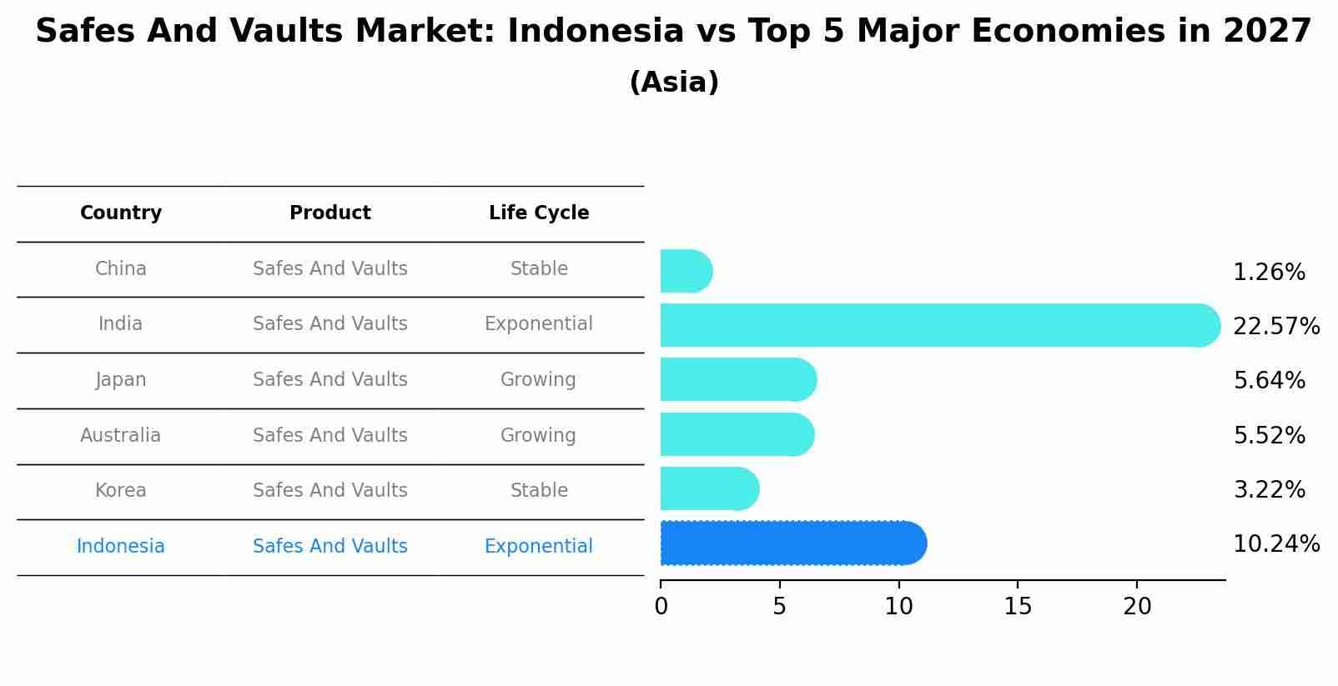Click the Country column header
pyautogui.click(x=121, y=213)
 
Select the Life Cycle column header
pyautogui.click(x=539, y=213)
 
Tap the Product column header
pyautogui.click(x=330, y=213)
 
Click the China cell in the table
pyautogui.click(x=121, y=269)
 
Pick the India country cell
pyautogui.click(x=121, y=324)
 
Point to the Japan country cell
pyautogui.click(x=121, y=380)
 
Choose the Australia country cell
pyautogui.click(x=121, y=436)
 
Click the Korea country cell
pyautogui.click(x=121, y=491)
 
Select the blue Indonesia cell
pyautogui.click(x=121, y=547)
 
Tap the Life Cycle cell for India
pyautogui.click(x=539, y=324)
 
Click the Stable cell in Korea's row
pyautogui.click(x=539, y=491)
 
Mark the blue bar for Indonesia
pyautogui.click(x=792, y=543)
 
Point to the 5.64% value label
pyautogui.click(x=1269, y=381)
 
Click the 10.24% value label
pyautogui.click(x=1276, y=544)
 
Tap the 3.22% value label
pyautogui.click(x=1269, y=490)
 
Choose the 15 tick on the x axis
pyautogui.click(x=1018, y=607)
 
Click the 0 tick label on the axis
pyautogui.click(x=661, y=607)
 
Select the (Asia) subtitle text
pyautogui.click(x=674, y=83)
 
